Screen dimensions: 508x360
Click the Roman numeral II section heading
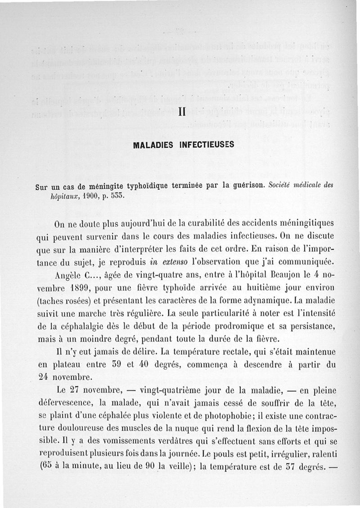pyautogui.click(x=181, y=112)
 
